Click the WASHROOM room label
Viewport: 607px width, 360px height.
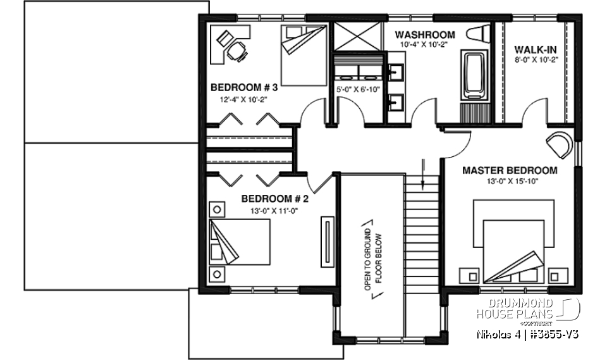point(424,34)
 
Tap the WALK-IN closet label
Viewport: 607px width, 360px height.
point(535,49)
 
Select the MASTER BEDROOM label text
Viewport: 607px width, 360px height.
point(510,170)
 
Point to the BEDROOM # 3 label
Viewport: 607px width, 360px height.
point(244,87)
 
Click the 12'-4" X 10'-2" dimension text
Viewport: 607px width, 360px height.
point(244,100)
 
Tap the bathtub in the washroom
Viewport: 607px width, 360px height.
point(474,76)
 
